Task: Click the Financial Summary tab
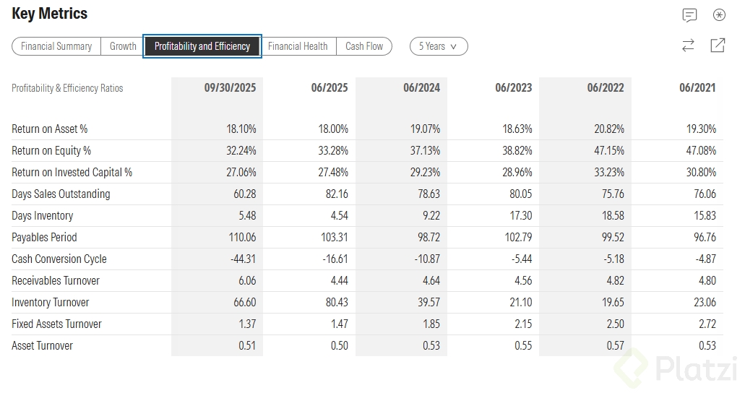coord(56,46)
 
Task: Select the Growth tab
coord(123,46)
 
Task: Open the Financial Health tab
coord(298,46)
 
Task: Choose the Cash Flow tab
coord(364,46)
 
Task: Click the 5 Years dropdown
coord(439,46)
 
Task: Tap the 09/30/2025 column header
coord(230,87)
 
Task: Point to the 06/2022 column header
coord(606,87)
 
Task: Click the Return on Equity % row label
coord(51,150)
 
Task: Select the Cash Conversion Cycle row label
coord(59,259)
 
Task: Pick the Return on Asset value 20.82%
coord(608,129)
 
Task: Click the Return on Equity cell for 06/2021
coord(701,150)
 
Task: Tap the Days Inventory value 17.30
coord(520,215)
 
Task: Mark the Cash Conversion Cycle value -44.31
coord(241,259)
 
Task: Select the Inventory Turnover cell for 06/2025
coord(335,302)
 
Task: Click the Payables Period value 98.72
coord(428,237)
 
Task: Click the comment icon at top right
coord(689,15)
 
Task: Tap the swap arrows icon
coord(688,46)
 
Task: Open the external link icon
coord(718,46)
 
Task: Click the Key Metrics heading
coord(50,14)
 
